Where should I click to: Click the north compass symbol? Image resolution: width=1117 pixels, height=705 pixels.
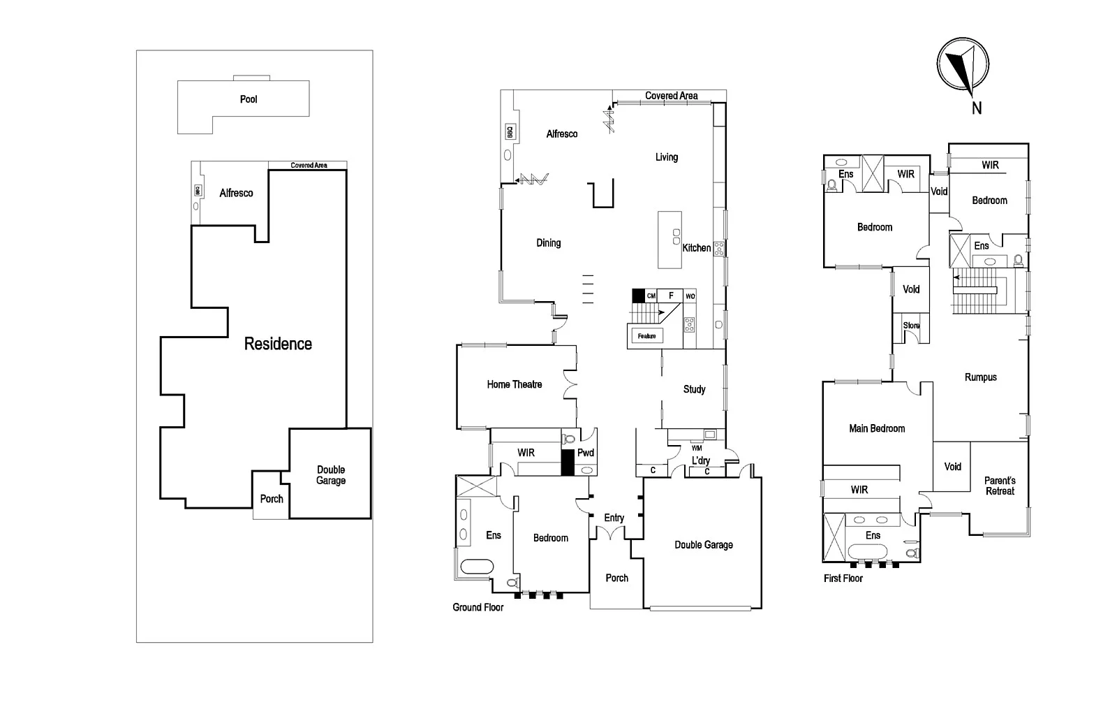pyautogui.click(x=963, y=64)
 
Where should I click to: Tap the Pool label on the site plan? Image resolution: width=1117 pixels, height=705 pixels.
pyautogui.click(x=249, y=99)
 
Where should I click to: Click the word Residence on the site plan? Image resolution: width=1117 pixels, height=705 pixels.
pyautogui.click(x=278, y=344)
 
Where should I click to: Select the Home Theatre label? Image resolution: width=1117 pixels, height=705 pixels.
pyautogui.click(x=515, y=384)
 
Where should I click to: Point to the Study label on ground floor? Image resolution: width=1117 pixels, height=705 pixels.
pyautogui.click(x=694, y=389)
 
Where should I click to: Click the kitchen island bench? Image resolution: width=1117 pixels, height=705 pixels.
pyautogui.click(x=670, y=240)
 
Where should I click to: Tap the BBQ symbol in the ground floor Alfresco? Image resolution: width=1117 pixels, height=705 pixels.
pyautogui.click(x=510, y=131)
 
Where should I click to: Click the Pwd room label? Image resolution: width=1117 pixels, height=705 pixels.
pyautogui.click(x=586, y=453)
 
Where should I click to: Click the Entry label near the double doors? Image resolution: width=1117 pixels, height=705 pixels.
pyautogui.click(x=614, y=518)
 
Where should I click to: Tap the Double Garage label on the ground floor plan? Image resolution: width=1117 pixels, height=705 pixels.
pyautogui.click(x=704, y=545)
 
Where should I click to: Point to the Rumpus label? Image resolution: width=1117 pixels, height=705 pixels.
pyautogui.click(x=980, y=377)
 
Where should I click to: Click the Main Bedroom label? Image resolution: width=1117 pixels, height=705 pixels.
pyautogui.click(x=877, y=428)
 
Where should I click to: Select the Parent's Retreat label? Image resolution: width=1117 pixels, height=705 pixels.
pyautogui.click(x=1000, y=486)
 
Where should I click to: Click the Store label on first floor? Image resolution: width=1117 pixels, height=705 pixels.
pyautogui.click(x=911, y=326)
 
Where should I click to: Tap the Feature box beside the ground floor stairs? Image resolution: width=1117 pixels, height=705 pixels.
pyautogui.click(x=646, y=336)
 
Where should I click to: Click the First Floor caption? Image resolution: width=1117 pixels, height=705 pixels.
pyautogui.click(x=843, y=579)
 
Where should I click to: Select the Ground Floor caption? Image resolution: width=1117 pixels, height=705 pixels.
pyautogui.click(x=478, y=607)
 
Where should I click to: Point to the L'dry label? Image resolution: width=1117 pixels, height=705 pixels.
pyautogui.click(x=700, y=460)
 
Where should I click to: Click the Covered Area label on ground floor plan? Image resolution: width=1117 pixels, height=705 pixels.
pyautogui.click(x=671, y=96)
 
